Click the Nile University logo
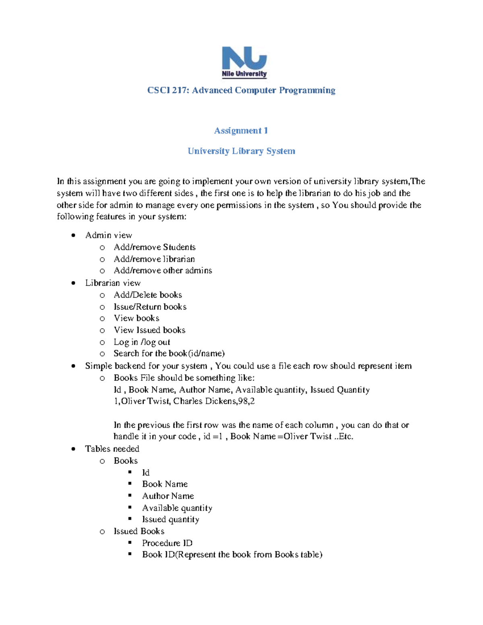244,62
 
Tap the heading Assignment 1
241,130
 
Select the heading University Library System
241,151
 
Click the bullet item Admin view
109,235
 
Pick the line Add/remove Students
155,247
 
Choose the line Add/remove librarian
154,259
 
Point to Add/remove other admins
163,270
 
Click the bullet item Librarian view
113,283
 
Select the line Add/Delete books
148,295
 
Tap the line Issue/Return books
150,307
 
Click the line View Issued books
149,330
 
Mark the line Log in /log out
142,342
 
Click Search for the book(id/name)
169,353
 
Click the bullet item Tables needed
112,449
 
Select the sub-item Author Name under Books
168,496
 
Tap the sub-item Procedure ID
167,543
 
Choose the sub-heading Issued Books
139,531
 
